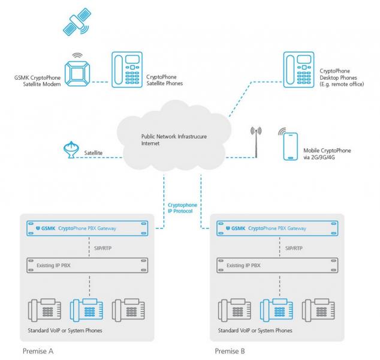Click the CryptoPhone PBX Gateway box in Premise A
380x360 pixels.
coord(88,229)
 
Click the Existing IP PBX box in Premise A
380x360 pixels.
coord(88,265)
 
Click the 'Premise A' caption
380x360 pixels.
coord(39,350)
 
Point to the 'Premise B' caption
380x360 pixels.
coord(230,350)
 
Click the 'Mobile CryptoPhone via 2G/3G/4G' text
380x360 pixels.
coord(327,154)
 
